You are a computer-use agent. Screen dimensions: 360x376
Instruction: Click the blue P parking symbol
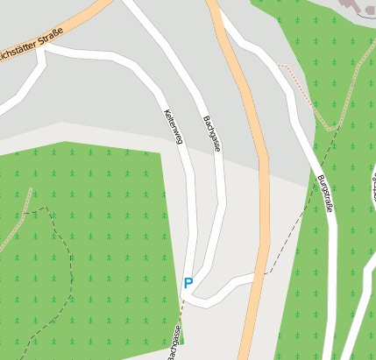[188, 283]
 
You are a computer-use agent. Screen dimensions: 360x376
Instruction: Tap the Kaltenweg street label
[172, 127]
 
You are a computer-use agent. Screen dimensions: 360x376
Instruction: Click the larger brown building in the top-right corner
[358, 7]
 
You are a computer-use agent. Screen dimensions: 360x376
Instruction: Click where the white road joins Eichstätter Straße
[42, 49]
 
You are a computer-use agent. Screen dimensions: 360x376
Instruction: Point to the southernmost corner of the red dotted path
[330, 129]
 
